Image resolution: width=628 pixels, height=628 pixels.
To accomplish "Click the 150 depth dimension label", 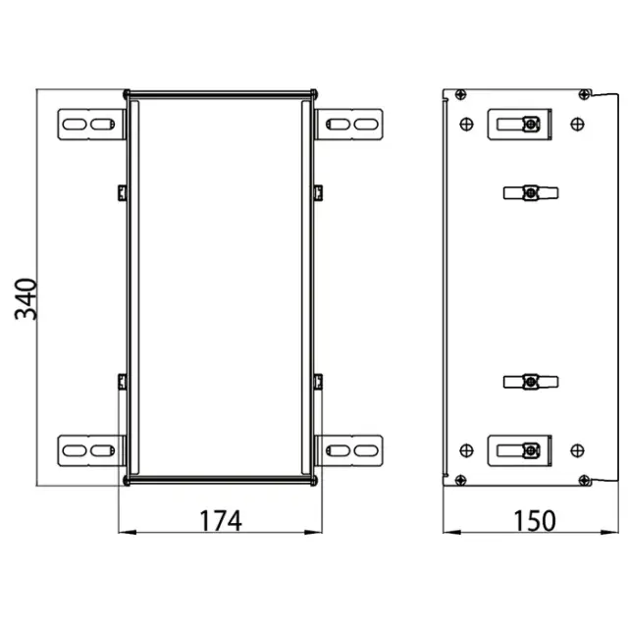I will coord(535,520).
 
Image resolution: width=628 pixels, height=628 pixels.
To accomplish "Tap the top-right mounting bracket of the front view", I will coord(351,125).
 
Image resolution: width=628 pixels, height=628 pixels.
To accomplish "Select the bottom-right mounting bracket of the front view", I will coord(351,449).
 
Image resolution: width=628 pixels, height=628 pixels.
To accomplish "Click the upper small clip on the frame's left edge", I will coord(121,189).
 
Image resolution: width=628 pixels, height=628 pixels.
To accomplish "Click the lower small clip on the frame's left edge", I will coord(121,380).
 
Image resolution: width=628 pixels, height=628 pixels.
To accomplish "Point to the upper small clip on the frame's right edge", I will coord(318,189).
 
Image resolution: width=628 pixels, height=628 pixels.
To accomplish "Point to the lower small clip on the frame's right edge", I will coord(318,380).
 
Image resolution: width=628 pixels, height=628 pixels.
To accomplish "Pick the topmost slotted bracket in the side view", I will coord(521,125).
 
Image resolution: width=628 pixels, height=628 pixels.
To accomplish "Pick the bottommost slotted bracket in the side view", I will coord(521,450).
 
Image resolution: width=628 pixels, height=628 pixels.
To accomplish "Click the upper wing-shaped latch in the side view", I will coord(528,191).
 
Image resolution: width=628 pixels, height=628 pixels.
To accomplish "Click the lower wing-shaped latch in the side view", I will coord(528,381).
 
